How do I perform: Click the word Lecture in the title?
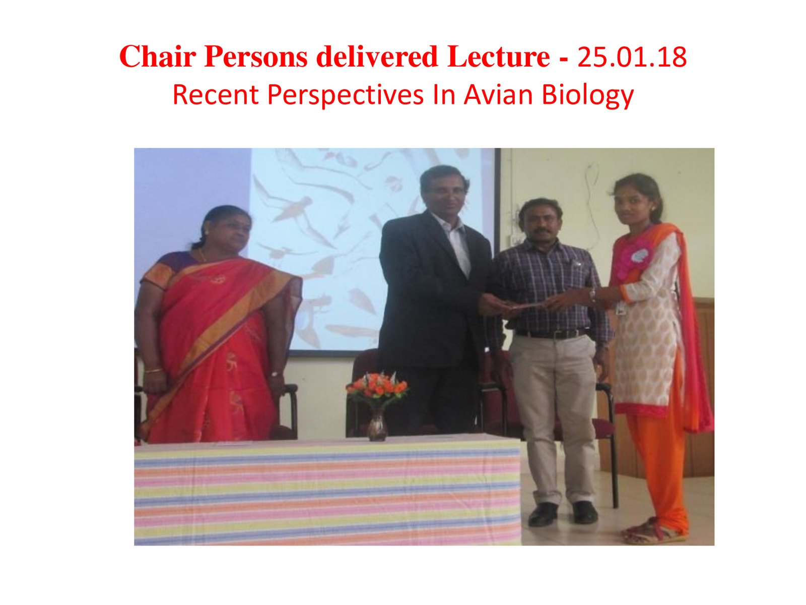coord(498,57)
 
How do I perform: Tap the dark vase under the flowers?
coord(377,425)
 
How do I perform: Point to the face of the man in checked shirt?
coord(541,224)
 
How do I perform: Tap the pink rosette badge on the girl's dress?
coord(637,258)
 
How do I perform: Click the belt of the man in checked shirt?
coord(552,334)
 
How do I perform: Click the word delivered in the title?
coord(377,57)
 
